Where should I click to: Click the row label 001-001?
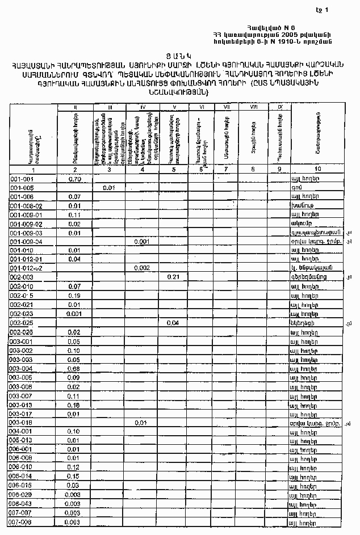tap(22, 179)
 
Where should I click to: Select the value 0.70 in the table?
tap(74, 179)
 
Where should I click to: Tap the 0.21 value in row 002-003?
tap(174, 277)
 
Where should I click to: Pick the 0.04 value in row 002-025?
tap(174, 323)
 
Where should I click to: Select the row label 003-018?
tap(22, 423)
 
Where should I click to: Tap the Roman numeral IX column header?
tap(280, 106)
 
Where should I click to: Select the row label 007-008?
tap(22, 521)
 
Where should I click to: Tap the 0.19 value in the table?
tap(74, 296)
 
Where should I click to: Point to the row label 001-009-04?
tap(27, 242)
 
